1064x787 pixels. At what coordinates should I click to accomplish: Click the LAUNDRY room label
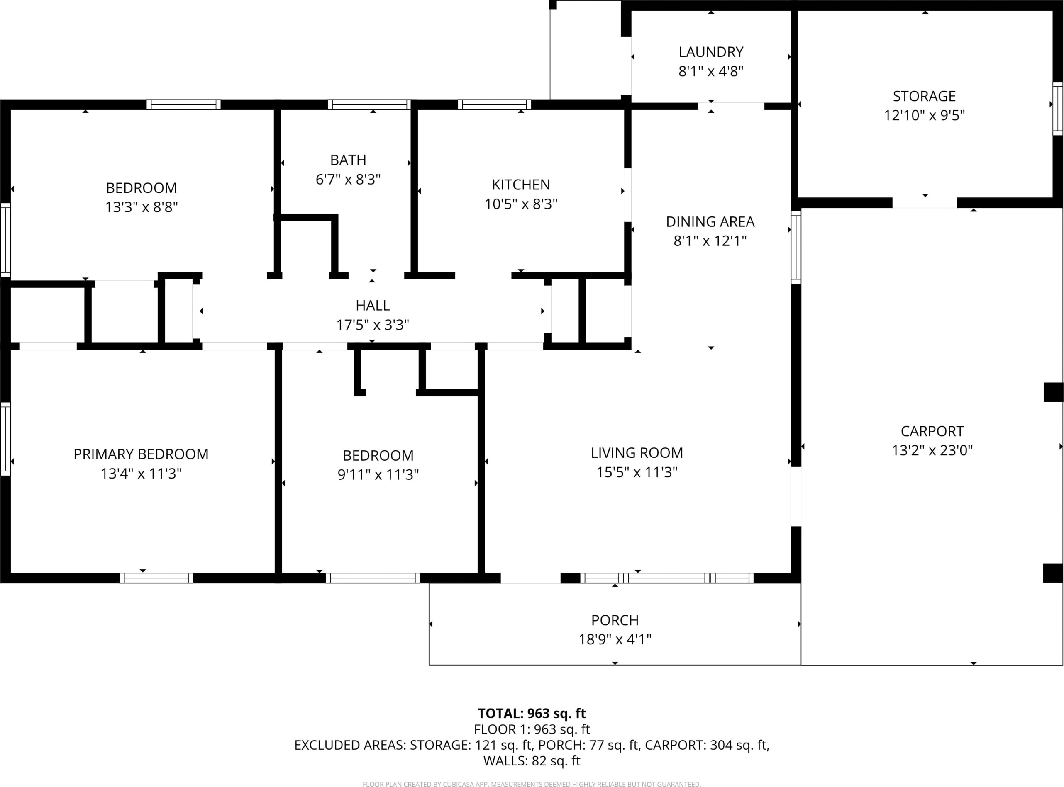711,52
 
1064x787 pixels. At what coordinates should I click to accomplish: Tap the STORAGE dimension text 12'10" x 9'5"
924,116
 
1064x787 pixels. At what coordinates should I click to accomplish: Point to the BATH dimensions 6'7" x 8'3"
348,180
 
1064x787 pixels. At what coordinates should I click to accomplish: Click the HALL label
372,305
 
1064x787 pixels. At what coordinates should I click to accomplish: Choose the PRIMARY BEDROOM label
141,454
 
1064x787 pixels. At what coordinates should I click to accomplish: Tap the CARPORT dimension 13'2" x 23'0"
932,450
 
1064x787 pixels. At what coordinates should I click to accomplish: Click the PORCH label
615,620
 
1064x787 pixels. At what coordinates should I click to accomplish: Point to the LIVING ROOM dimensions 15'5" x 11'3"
637,472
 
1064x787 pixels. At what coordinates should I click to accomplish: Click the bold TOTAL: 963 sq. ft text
532,713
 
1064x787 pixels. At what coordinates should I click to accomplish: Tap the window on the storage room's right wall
1057,108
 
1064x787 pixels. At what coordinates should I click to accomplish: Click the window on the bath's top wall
369,104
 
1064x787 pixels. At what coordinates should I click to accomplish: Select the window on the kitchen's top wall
494,104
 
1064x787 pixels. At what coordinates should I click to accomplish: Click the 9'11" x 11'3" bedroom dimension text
378,475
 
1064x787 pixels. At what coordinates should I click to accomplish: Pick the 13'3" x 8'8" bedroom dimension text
141,207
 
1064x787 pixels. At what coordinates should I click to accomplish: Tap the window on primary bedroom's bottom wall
156,578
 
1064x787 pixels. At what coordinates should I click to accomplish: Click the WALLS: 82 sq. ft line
532,761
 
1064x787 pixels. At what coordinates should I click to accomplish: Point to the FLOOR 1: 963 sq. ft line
532,729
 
